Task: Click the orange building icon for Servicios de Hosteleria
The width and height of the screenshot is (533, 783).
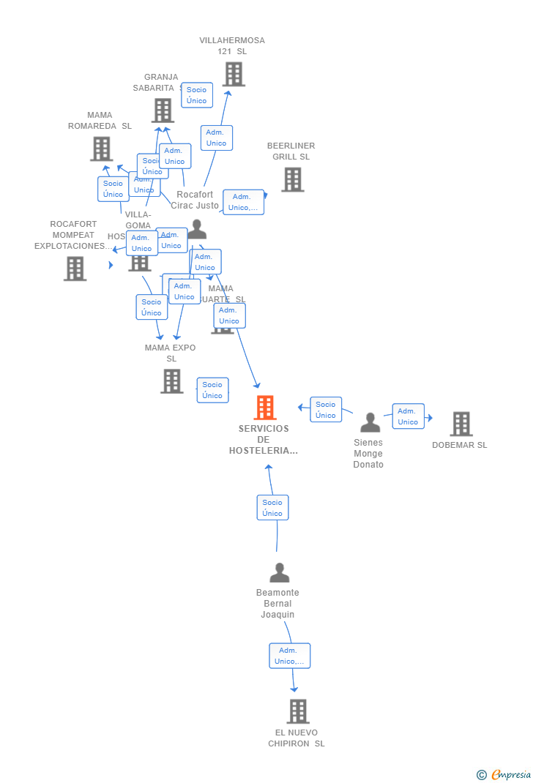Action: click(x=264, y=408)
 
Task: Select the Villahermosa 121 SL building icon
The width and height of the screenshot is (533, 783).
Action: click(x=233, y=74)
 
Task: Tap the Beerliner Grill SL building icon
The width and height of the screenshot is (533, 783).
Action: click(x=292, y=179)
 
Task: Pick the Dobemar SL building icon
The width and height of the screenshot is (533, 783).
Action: click(x=461, y=424)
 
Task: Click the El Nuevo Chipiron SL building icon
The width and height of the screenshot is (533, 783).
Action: click(x=297, y=711)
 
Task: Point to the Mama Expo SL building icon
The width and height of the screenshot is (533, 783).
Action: click(x=171, y=381)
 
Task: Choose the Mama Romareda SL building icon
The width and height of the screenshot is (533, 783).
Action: click(x=101, y=149)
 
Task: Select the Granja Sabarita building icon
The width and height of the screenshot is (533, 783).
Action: click(x=162, y=110)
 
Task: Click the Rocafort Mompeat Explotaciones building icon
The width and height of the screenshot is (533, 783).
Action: click(x=75, y=269)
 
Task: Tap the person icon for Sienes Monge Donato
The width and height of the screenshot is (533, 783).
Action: click(x=370, y=423)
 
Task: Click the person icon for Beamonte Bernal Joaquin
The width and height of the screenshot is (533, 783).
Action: click(x=279, y=572)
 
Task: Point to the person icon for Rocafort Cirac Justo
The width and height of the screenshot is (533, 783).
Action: click(x=196, y=230)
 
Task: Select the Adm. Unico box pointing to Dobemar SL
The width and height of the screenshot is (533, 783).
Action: click(x=408, y=416)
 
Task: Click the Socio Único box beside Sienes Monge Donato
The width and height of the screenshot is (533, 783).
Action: click(x=326, y=410)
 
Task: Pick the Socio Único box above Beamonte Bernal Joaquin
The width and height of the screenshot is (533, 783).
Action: click(x=272, y=508)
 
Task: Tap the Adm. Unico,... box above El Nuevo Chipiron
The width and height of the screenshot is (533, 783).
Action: click(x=289, y=656)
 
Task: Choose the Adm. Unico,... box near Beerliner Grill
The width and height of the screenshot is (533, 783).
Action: click(x=243, y=202)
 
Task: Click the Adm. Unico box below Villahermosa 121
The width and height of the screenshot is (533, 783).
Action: click(x=216, y=138)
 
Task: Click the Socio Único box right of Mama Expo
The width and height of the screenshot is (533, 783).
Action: click(x=212, y=390)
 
